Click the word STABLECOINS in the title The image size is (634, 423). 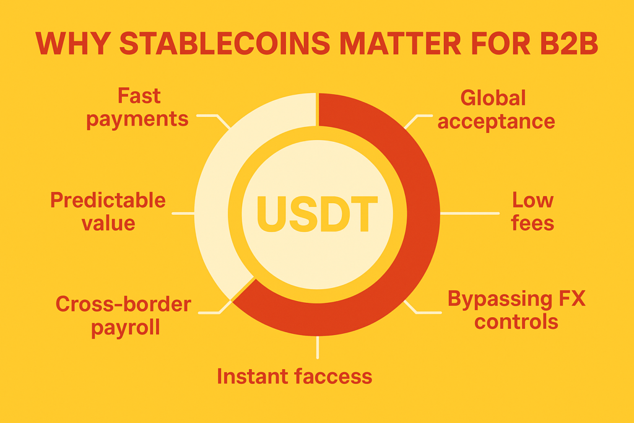click(225, 43)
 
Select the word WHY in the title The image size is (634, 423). click(73, 43)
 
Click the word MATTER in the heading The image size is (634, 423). click(401, 43)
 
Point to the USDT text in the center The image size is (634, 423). click(318, 214)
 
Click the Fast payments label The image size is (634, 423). click(137, 108)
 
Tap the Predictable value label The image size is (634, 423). click(108, 211)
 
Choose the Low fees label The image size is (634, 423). click(532, 211)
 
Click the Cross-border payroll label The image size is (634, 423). click(123, 315)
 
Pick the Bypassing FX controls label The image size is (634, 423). click(516, 310)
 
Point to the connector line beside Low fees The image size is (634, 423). click(470, 213)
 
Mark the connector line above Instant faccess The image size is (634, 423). click(318, 347)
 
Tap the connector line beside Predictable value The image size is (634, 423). click(183, 213)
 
